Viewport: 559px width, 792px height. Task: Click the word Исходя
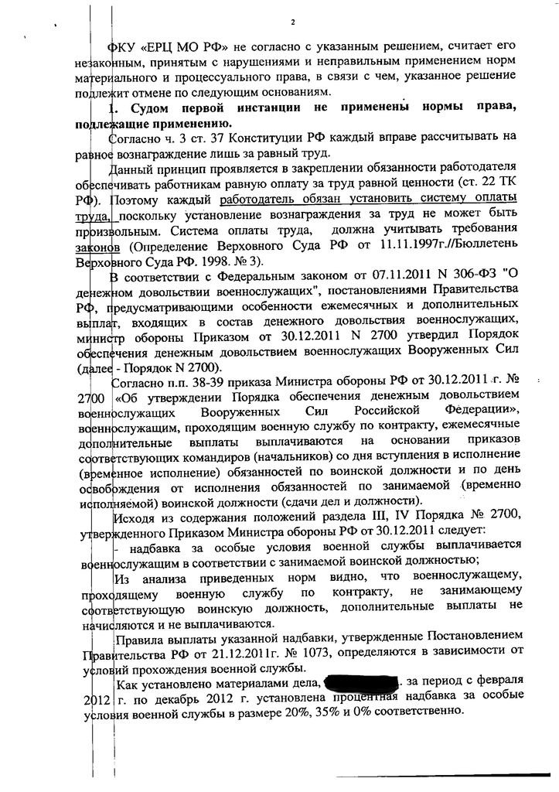point(134,518)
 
